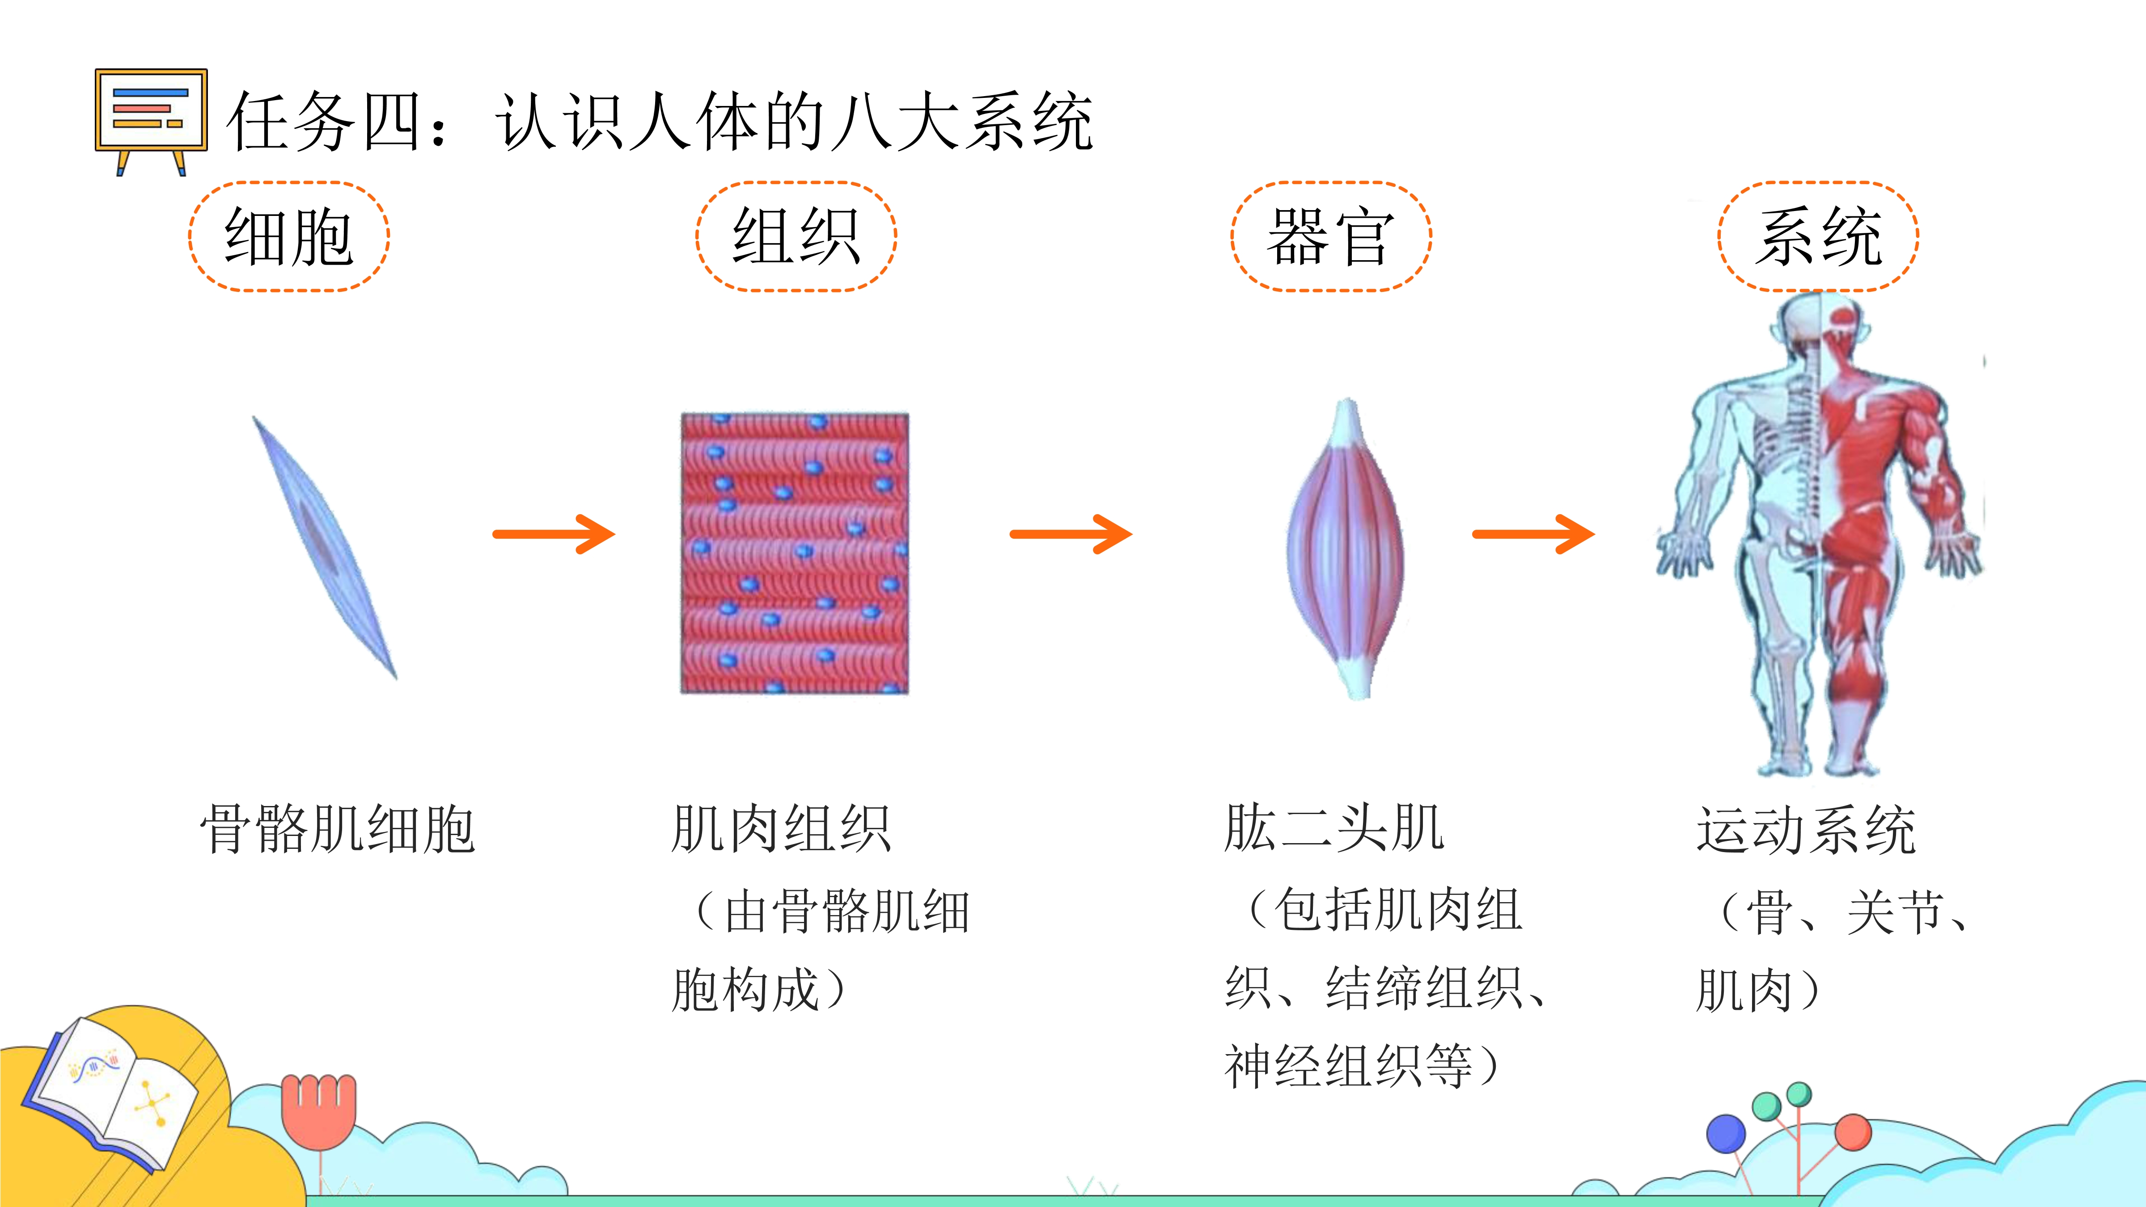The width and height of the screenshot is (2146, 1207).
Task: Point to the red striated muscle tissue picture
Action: (x=795, y=553)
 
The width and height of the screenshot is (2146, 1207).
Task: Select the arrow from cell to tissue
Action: (x=554, y=534)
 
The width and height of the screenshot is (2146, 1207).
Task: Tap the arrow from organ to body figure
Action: (x=1534, y=534)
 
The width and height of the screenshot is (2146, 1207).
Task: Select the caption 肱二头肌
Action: (x=1334, y=829)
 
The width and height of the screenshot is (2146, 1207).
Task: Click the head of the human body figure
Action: (x=1820, y=325)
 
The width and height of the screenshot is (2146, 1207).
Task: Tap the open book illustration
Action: (x=113, y=1091)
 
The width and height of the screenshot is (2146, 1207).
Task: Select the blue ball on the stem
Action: (x=1726, y=1134)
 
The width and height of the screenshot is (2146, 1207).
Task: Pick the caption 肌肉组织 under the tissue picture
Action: (x=781, y=829)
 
